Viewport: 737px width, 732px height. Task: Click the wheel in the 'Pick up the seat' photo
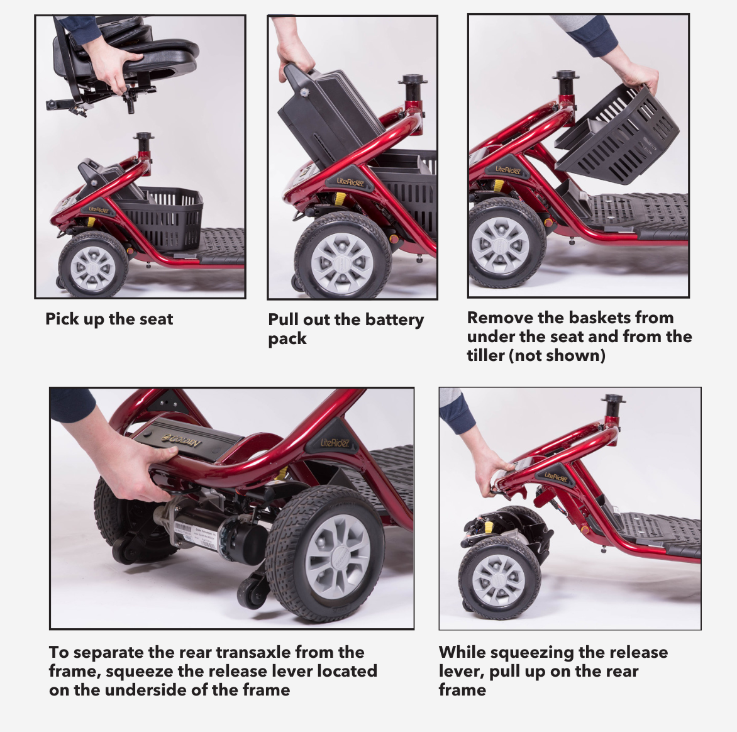pyautogui.click(x=92, y=265)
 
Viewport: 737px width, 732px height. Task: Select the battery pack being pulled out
pyautogui.click(x=329, y=118)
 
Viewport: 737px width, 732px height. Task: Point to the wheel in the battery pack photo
pyautogui.click(x=343, y=258)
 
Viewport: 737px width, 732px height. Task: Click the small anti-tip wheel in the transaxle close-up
pyautogui.click(x=252, y=592)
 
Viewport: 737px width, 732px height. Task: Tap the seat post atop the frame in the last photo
pyautogui.click(x=613, y=408)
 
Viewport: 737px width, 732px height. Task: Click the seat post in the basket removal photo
pyautogui.click(x=565, y=87)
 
